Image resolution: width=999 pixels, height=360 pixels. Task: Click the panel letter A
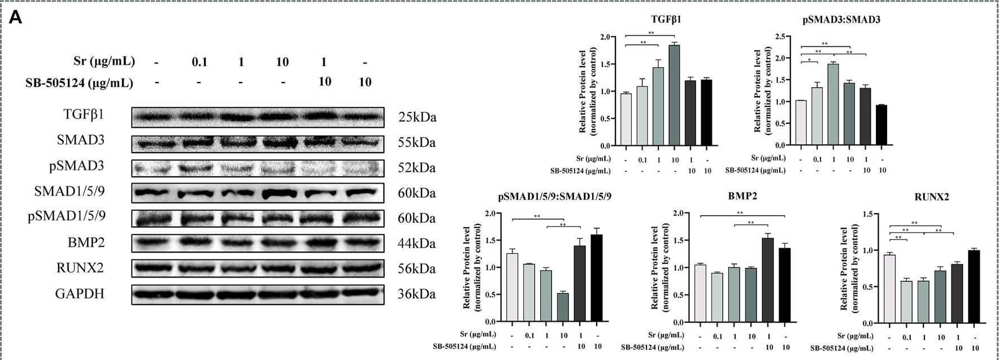pyautogui.click(x=16, y=18)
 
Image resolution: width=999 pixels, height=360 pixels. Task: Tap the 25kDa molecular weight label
pyautogui.click(x=417, y=118)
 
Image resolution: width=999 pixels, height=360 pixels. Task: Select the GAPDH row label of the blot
pyautogui.click(x=80, y=294)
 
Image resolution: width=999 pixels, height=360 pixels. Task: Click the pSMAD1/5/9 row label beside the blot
pyautogui.click(x=67, y=216)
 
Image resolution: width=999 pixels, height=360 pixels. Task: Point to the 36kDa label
pyautogui.click(x=416, y=294)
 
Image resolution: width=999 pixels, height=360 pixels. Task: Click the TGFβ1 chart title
pyautogui.click(x=666, y=19)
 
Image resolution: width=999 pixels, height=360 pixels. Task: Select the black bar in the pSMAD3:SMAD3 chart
pyautogui.click(x=881, y=125)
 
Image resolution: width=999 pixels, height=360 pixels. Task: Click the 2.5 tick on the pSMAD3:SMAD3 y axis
pyautogui.click(x=780, y=37)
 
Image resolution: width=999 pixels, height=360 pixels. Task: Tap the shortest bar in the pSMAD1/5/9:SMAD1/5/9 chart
pyautogui.click(x=563, y=307)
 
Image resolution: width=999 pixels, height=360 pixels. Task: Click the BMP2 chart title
pyautogui.click(x=742, y=196)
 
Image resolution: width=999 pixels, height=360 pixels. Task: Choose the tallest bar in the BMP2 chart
pyautogui.click(x=767, y=280)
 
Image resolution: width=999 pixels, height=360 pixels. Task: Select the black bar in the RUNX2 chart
pyautogui.click(x=974, y=287)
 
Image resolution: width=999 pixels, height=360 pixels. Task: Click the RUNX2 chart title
pyautogui.click(x=931, y=197)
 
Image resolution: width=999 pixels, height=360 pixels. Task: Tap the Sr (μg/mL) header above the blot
pyautogui.click(x=104, y=61)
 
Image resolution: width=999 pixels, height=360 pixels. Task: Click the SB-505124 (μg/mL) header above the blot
pyautogui.click(x=79, y=83)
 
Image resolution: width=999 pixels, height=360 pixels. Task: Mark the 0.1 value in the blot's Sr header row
pyautogui.click(x=199, y=62)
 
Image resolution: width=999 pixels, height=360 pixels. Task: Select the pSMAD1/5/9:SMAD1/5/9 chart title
pyautogui.click(x=554, y=197)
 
